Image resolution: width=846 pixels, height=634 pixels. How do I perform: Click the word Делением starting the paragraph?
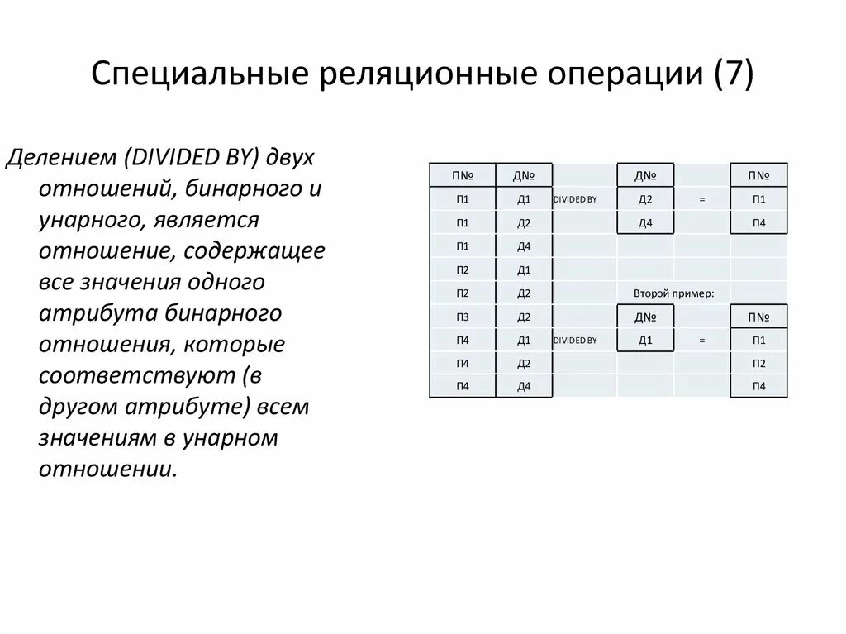coord(59,158)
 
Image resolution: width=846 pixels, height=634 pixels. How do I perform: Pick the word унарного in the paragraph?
coord(83,221)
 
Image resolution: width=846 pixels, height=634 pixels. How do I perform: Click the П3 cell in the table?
coord(462,317)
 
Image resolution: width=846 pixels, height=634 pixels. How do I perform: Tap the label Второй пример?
coord(673,293)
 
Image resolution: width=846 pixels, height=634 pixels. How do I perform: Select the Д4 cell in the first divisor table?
coord(645,223)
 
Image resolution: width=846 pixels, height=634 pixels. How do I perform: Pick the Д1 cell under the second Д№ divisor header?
coord(645,340)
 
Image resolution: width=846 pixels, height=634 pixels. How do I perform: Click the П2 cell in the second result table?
coord(758,363)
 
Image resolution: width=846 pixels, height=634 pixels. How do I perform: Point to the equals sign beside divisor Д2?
coord(701,200)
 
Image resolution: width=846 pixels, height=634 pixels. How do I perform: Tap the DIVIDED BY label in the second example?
coord(575,340)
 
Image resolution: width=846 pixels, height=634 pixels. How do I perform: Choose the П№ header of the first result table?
coord(758,175)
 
